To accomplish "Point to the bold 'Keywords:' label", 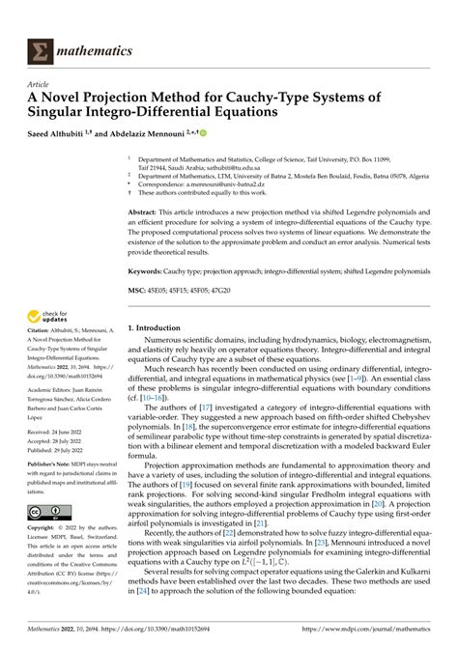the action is pos(147,272).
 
